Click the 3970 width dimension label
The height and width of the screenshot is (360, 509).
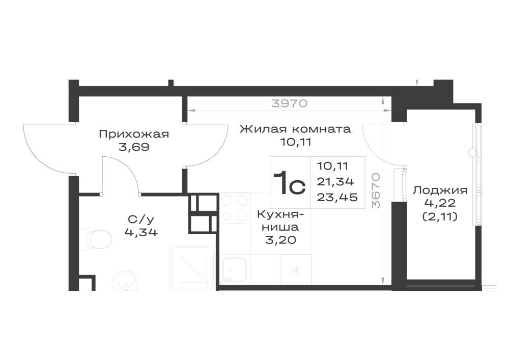click(x=290, y=103)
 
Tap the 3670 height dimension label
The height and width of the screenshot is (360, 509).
click(x=376, y=190)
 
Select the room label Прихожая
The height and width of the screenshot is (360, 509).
click(x=134, y=134)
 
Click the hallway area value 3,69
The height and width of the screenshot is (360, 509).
click(x=134, y=147)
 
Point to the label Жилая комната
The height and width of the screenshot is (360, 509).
click(x=295, y=129)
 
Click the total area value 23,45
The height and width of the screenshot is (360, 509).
click(x=337, y=197)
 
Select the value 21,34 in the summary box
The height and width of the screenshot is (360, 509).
click(x=335, y=182)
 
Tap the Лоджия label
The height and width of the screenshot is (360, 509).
click(x=440, y=190)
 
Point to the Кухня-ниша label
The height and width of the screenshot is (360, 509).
click(x=281, y=220)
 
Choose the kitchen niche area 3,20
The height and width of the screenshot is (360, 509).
click(x=280, y=240)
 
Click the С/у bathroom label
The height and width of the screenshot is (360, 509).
click(x=140, y=220)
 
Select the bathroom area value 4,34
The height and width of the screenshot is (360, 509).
click(x=141, y=232)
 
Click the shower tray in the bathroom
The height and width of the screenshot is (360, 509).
click(x=192, y=267)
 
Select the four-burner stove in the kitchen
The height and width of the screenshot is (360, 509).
click(x=235, y=208)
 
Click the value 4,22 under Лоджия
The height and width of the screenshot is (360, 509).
click(x=440, y=203)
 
